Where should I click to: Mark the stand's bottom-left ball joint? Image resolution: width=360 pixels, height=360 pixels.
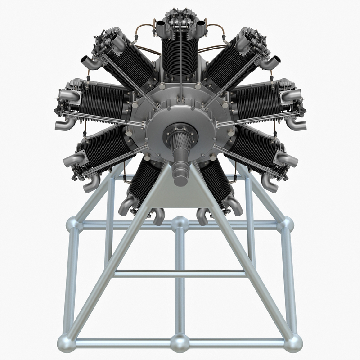(66, 343)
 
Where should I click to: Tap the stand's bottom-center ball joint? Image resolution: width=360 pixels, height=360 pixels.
(180, 343)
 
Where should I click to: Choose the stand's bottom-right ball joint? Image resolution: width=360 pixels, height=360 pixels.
(293, 343)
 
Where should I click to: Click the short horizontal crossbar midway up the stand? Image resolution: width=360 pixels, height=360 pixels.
(180, 274)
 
